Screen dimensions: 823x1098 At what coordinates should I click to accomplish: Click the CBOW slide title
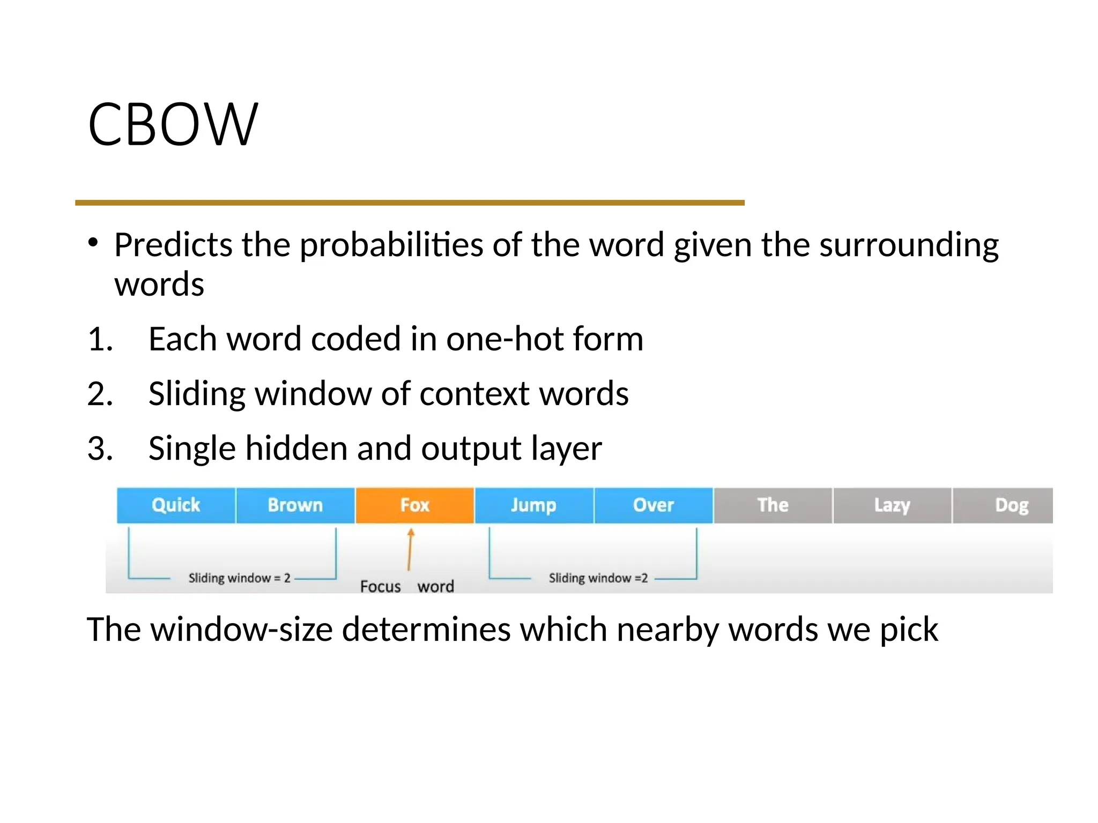[x=173, y=124]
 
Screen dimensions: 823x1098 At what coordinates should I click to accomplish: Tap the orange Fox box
[x=414, y=505]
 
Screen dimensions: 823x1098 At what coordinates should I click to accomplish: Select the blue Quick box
[x=176, y=505]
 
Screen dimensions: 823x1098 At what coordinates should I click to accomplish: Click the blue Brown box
[x=295, y=505]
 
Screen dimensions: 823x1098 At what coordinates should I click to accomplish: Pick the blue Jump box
[x=533, y=505]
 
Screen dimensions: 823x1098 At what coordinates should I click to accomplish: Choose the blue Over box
[x=653, y=505]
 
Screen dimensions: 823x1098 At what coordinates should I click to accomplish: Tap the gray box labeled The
[x=773, y=505]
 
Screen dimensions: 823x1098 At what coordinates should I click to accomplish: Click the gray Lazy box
[x=892, y=505]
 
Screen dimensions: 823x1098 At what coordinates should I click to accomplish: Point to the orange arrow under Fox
[x=410, y=549]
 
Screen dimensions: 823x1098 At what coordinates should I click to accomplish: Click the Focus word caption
[x=407, y=586]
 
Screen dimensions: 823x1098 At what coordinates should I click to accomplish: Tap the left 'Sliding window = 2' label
[x=239, y=578]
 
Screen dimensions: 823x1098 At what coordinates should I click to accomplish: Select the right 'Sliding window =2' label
[x=598, y=578]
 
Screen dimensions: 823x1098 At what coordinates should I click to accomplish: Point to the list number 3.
[x=100, y=448]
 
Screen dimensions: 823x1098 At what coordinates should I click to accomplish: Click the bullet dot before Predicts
[x=93, y=242]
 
